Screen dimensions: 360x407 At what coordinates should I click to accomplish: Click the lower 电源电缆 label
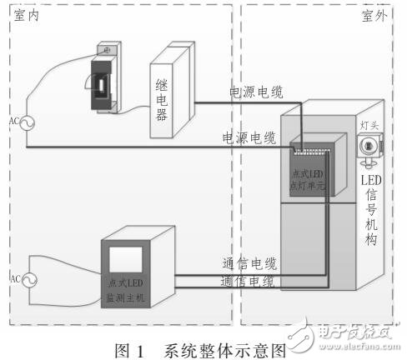coord(249,137)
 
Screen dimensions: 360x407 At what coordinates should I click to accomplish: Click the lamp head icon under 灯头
coord(368,147)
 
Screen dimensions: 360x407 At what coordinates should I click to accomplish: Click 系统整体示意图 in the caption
coord(219,349)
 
